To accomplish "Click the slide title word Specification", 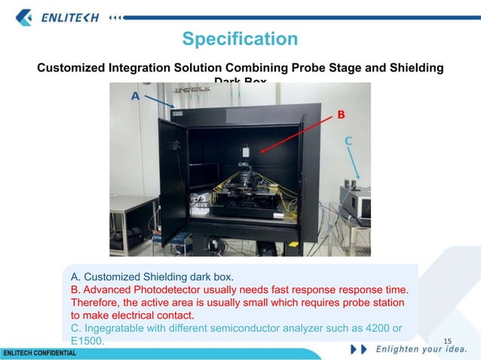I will pos(240,38).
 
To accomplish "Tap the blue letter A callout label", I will pos(135,96).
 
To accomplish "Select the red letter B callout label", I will pos(341,115).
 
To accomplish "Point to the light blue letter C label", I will pos(348,141).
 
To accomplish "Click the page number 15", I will pos(447,343).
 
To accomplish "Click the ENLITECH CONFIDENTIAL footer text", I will pos(39,353).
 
